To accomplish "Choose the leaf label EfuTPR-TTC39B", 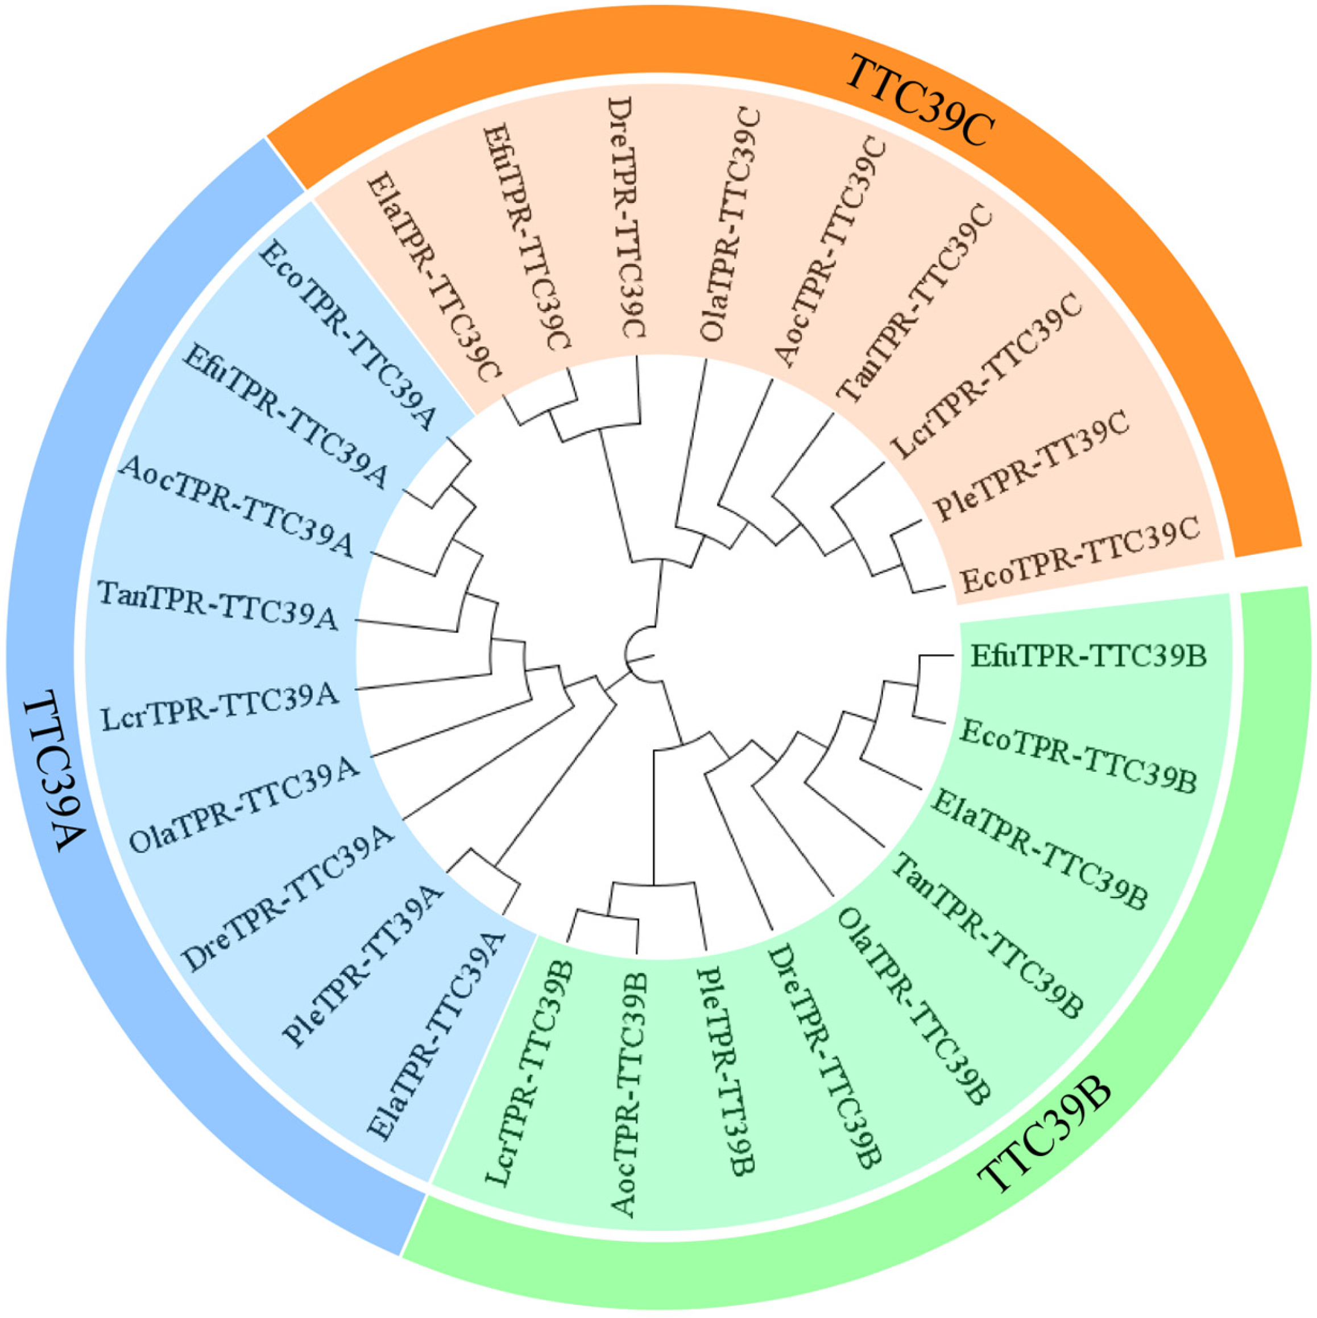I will click(1089, 656).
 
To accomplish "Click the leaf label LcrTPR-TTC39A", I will click(219, 709).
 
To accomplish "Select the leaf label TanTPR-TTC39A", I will click(218, 604).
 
